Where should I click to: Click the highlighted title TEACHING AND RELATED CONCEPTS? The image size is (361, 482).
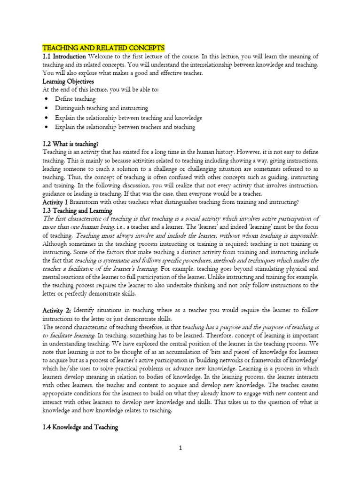pyautogui.click(x=103, y=48)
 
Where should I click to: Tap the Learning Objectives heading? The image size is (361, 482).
pyautogui.click(x=68, y=81)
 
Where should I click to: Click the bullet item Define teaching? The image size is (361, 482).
pyautogui.click(x=75, y=99)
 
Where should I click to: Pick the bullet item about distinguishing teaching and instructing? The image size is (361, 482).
pyautogui.click(x=101, y=108)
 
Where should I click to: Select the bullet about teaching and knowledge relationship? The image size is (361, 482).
pyautogui.click(x=128, y=118)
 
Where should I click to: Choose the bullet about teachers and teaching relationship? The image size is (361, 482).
pyautogui.click(x=125, y=127)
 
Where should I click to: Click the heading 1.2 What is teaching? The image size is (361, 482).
pyautogui.click(x=71, y=144)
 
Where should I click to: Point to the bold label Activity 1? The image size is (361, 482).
pyautogui.click(x=55, y=202)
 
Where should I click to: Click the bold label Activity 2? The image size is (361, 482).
pyautogui.click(x=57, y=311)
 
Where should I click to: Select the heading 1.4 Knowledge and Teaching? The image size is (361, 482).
pyautogui.click(x=80, y=427)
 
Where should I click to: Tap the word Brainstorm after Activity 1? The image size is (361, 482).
pyautogui.click(x=87, y=202)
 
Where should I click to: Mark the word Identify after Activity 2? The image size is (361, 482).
pyautogui.click(x=87, y=311)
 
